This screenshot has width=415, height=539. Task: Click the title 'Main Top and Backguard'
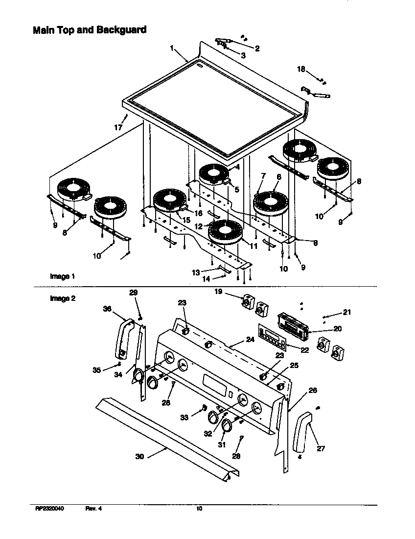click(89, 30)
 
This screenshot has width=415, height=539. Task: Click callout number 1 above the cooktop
click(172, 48)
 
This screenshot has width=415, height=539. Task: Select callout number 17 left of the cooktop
click(118, 127)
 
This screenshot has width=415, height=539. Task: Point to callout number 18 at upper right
click(301, 69)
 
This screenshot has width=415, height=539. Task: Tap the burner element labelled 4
click(214, 174)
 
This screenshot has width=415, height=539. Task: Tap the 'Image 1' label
click(62, 276)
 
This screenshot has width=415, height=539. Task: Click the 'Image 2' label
click(62, 298)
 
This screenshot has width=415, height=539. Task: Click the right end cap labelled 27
click(302, 431)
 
